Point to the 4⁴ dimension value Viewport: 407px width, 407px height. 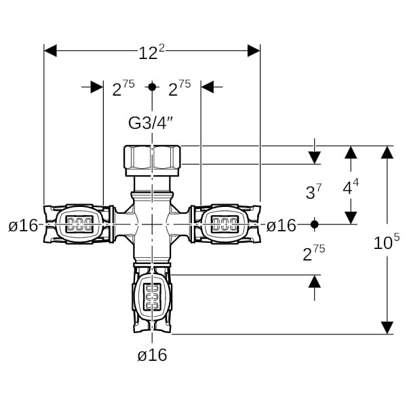pos(350,187)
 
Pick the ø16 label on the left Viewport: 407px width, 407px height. pos(23,225)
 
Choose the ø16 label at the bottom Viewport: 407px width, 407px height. pos(152,355)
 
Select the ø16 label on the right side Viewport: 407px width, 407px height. pos(281,225)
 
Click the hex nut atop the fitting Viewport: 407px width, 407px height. pos(152,158)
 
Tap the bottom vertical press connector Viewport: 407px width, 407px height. pos(152,298)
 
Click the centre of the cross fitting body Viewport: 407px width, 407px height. pos(152,222)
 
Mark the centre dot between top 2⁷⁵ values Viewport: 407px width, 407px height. pos(152,87)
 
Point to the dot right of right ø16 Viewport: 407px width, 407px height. pos(313,224)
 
